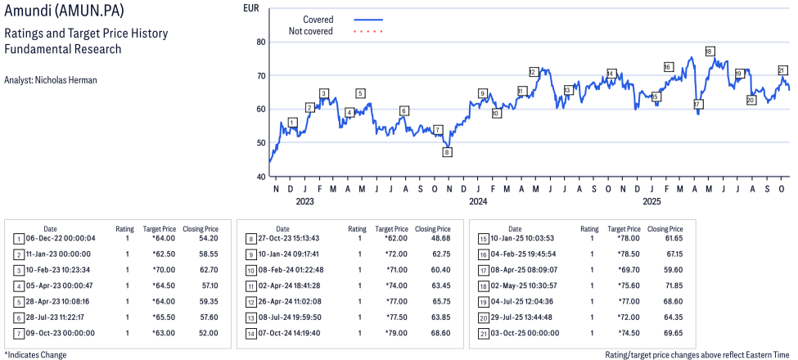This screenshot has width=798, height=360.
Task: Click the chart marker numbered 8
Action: [447, 151]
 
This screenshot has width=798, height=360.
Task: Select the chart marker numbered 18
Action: [709, 52]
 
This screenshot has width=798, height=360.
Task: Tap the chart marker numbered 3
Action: [324, 93]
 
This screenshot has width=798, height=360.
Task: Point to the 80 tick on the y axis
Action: [262, 42]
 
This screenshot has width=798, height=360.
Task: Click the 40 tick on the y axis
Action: [262, 176]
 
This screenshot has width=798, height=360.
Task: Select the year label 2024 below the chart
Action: [478, 201]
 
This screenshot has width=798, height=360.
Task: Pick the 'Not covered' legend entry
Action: [311, 31]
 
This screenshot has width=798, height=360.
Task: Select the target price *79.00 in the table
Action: [396, 333]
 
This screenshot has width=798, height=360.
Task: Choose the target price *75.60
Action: [629, 286]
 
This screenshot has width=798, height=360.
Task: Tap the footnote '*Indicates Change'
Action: [35, 354]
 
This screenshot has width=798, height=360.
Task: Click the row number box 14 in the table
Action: [251, 333]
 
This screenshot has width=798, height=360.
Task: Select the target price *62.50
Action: [164, 254]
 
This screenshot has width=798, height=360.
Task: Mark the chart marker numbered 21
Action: [782, 70]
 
